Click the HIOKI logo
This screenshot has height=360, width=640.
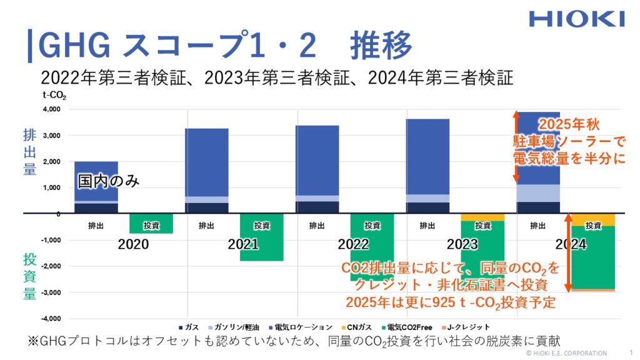pyautogui.click(x=576, y=18)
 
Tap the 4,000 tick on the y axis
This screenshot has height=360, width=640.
pyautogui.click(x=52, y=109)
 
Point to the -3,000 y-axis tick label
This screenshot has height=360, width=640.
pyautogui.click(x=51, y=292)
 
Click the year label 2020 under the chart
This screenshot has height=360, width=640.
pyautogui.click(x=133, y=244)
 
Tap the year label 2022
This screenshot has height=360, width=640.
pyautogui.click(x=353, y=244)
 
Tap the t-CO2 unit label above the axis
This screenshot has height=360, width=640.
pyautogui.click(x=53, y=96)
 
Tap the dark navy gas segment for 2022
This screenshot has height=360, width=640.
pyautogui.click(x=317, y=207)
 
